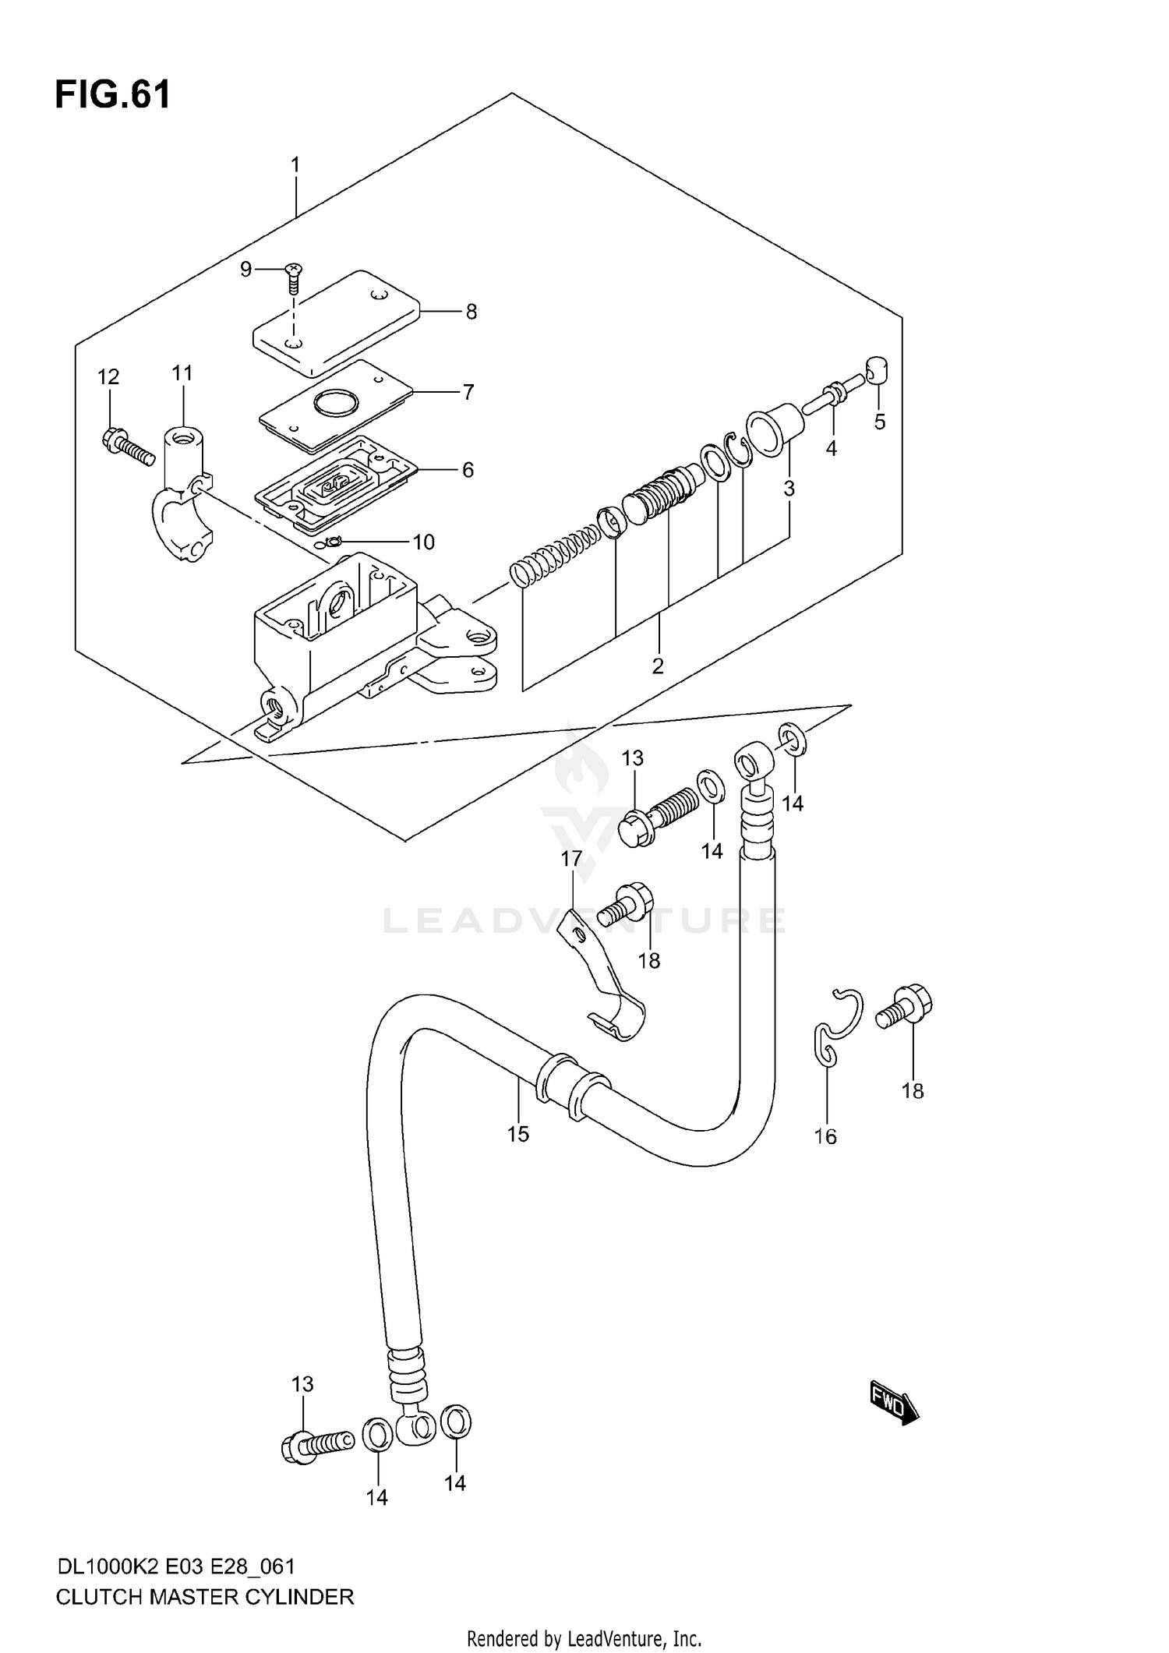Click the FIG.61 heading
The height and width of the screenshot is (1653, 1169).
coord(112,95)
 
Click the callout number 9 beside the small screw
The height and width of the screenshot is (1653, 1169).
coord(245,270)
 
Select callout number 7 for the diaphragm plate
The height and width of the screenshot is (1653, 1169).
coord(468,392)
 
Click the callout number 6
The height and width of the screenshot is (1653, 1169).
coord(468,470)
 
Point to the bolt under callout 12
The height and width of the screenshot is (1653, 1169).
coord(125,447)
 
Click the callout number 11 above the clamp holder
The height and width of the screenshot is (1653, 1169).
coord(182,373)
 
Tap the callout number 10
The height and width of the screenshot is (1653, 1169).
coord(423,542)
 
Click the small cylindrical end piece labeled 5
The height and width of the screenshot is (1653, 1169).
coord(878,369)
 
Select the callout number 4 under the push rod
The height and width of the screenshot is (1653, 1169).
coord(832,449)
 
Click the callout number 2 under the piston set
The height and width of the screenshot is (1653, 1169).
coord(658,666)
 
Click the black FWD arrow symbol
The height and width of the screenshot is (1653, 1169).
coord(895,1408)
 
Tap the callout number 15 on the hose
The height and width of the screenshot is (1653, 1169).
coord(517,1134)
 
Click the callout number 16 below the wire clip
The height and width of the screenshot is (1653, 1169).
coord(825,1136)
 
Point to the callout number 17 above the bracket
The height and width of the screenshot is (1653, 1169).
coord(571,859)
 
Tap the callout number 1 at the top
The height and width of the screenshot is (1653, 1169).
coord(295,164)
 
